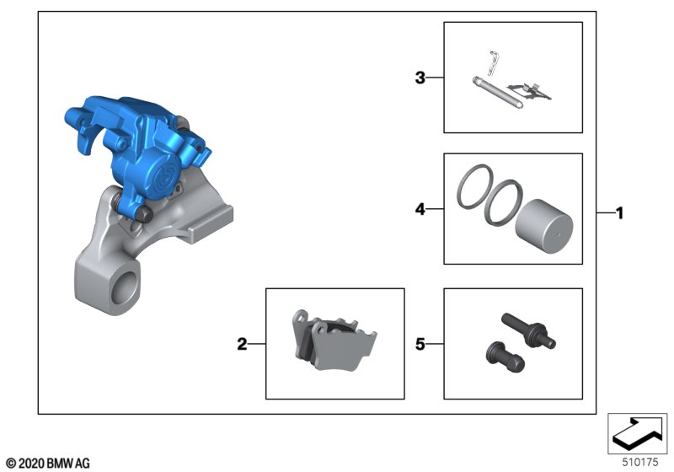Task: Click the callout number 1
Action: tap(619, 212)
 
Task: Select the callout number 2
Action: tap(242, 344)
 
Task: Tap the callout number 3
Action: tap(420, 78)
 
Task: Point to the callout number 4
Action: tap(420, 209)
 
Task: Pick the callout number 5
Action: tap(420, 344)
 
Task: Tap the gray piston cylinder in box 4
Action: tap(543, 226)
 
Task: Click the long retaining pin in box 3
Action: tap(498, 93)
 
